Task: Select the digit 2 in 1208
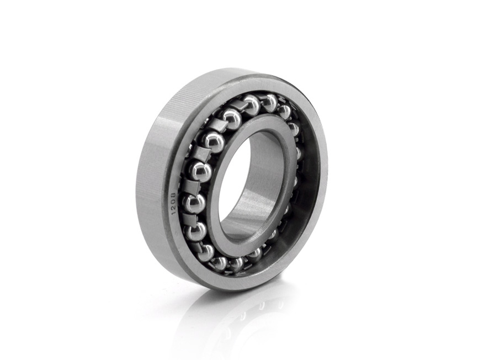click(x=174, y=207)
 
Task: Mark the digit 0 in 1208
click(x=174, y=201)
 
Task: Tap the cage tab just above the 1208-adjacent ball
click(x=192, y=186)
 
